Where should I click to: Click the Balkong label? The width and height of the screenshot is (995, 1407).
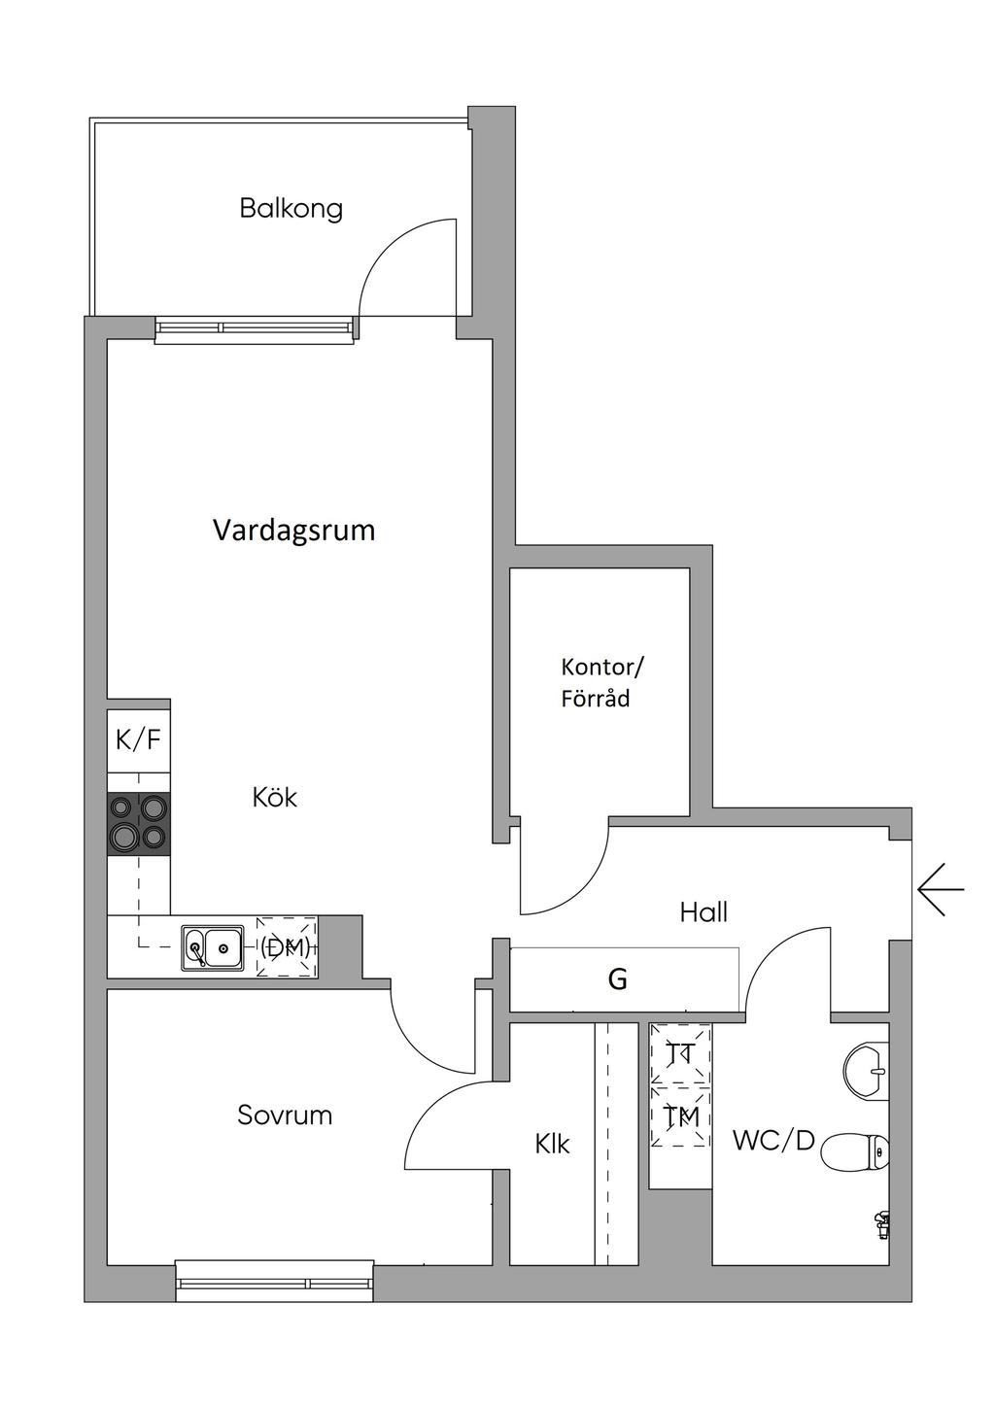point(291,208)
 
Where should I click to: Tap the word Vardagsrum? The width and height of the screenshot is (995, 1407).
point(293,531)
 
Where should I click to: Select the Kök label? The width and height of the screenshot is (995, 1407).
point(274,798)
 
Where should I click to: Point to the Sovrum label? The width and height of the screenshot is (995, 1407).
point(285,1115)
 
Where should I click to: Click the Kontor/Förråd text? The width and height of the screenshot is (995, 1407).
point(601,682)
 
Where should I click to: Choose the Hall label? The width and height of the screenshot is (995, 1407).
point(703,911)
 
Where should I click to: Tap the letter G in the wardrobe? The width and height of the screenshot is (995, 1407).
point(617,979)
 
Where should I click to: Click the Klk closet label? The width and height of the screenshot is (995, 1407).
point(552,1144)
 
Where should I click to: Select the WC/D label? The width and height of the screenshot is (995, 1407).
point(773,1140)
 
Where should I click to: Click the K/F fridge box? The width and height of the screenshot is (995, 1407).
point(138,739)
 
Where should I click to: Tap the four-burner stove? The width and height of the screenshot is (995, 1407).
point(138,823)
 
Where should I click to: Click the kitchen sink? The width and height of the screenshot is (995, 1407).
point(212,946)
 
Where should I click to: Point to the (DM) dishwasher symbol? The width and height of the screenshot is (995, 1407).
point(286,946)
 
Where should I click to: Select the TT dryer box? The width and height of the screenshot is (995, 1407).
point(680,1052)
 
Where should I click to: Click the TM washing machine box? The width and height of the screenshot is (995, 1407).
point(680,1117)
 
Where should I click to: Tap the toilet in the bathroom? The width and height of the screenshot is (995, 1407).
point(854,1153)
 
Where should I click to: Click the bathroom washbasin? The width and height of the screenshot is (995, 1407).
point(867,1071)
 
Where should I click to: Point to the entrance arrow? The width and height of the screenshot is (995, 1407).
point(940,889)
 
